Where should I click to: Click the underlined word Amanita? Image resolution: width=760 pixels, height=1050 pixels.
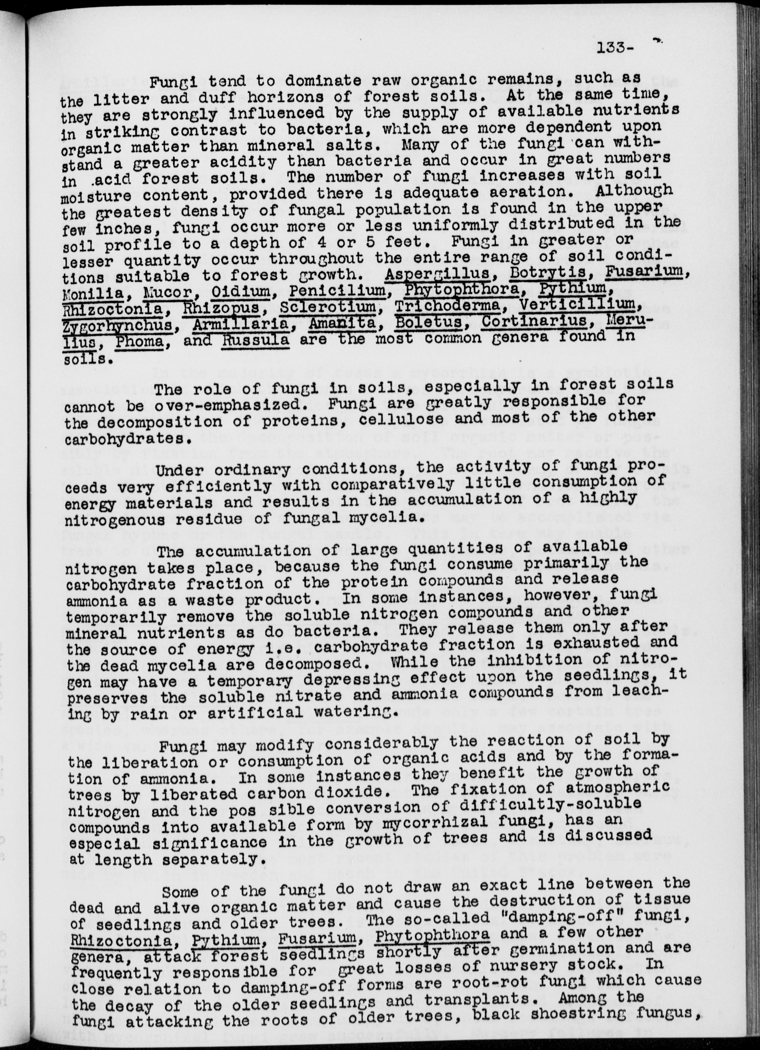coord(342,323)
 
